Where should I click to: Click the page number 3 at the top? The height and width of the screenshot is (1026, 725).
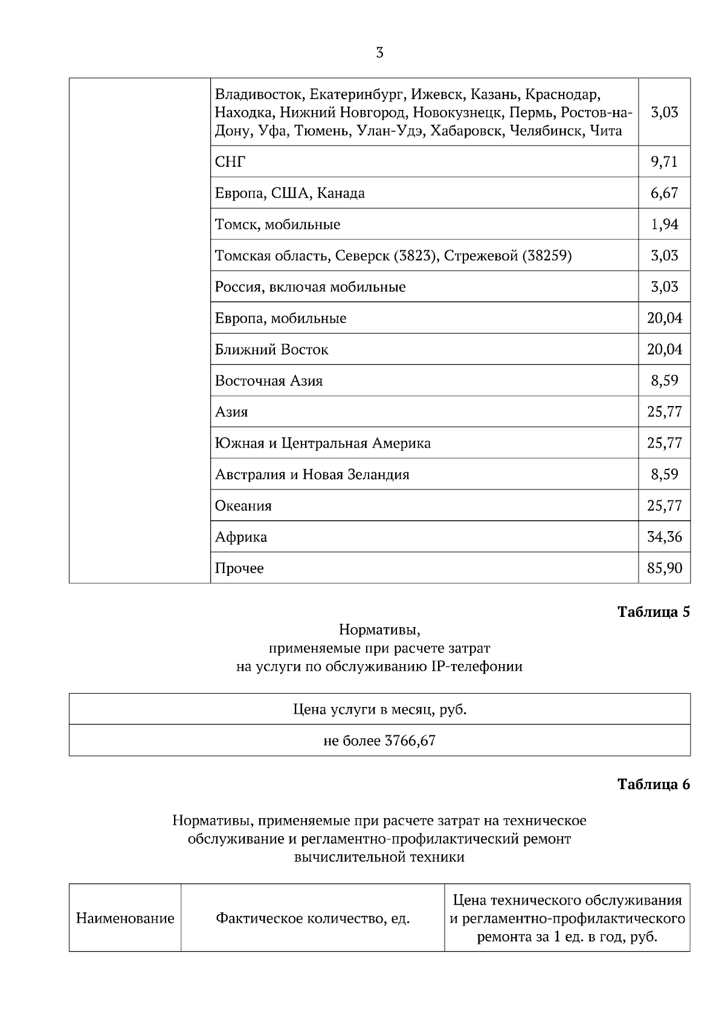(x=379, y=53)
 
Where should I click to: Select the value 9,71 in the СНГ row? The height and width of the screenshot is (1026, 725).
(x=664, y=161)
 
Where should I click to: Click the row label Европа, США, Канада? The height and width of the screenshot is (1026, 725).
(x=290, y=193)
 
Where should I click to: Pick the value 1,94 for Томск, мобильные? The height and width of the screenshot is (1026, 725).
(x=664, y=224)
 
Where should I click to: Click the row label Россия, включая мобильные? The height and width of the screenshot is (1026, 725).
(x=311, y=287)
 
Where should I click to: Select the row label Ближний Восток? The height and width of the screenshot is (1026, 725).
(x=272, y=350)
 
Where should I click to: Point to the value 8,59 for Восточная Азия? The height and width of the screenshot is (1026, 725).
(x=664, y=381)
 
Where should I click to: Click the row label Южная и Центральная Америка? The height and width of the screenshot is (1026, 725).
(x=323, y=444)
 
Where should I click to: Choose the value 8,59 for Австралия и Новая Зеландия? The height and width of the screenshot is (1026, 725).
(x=664, y=474)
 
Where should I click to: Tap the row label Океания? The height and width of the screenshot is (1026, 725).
(x=243, y=506)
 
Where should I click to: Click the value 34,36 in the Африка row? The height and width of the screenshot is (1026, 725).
(x=664, y=537)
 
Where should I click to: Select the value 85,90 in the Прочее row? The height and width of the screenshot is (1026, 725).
(x=664, y=569)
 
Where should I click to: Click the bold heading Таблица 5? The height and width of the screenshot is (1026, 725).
(x=653, y=611)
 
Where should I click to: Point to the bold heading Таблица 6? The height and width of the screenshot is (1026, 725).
(x=653, y=784)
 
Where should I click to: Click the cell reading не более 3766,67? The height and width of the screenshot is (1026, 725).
(x=379, y=741)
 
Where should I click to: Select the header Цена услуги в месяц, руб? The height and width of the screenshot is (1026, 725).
(x=379, y=709)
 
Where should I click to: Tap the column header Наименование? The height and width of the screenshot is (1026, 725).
(x=125, y=919)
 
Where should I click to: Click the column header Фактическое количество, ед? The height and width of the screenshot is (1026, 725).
(x=313, y=919)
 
